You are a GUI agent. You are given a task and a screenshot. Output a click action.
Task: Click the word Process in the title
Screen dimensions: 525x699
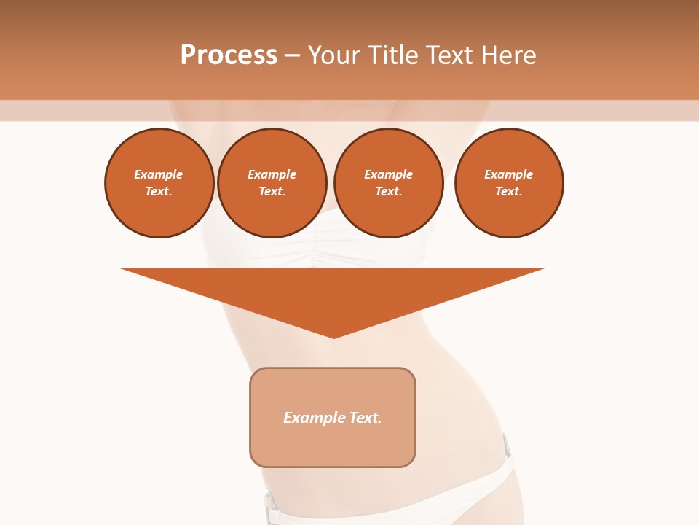coord(229,55)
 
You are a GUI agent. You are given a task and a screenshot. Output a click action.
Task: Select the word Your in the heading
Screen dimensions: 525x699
coord(334,55)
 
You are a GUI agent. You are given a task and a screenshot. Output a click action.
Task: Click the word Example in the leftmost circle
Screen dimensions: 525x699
coord(159,174)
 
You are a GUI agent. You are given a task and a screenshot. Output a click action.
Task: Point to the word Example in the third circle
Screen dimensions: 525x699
coord(388,174)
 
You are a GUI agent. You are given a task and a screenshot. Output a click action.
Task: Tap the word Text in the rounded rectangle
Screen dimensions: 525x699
coord(365,418)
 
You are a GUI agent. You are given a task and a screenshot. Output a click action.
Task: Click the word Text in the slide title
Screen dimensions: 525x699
coord(453,55)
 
